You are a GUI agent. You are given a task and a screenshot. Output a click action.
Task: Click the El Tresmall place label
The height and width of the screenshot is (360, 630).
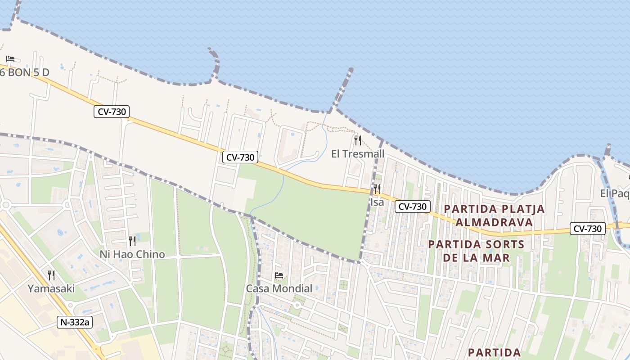(x=358, y=154)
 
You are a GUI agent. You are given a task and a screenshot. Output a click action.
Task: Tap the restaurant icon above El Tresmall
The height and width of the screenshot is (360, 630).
(x=358, y=140)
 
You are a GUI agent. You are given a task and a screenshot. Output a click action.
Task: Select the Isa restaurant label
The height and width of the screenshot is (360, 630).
(x=377, y=202)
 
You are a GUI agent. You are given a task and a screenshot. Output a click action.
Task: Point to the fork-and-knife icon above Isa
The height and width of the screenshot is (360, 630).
(x=377, y=189)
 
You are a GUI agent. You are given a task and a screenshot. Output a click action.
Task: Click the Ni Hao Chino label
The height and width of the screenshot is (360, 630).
(x=132, y=254)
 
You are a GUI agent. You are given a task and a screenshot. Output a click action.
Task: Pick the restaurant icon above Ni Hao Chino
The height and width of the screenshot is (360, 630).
(x=132, y=241)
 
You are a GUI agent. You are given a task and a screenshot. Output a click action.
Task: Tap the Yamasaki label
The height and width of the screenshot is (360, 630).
(x=51, y=288)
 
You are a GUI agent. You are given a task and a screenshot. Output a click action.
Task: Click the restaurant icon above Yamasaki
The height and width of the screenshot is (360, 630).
(x=51, y=275)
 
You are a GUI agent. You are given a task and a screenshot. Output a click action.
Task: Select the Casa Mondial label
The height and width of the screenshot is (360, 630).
(x=279, y=288)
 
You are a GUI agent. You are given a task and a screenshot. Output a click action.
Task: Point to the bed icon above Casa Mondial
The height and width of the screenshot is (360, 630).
(x=279, y=275)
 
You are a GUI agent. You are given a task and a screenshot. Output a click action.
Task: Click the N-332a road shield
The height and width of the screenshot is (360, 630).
(x=75, y=322)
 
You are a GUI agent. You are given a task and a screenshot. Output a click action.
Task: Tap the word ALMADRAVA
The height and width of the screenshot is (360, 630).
(x=494, y=222)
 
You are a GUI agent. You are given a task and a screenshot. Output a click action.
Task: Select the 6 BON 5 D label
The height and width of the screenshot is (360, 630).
(x=24, y=72)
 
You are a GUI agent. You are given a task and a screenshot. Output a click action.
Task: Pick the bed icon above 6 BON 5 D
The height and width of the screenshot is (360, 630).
(x=10, y=59)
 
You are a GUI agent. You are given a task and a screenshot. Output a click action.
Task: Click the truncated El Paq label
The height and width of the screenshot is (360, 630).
(x=615, y=193)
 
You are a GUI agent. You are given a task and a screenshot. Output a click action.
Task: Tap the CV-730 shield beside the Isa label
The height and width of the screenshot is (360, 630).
(x=413, y=207)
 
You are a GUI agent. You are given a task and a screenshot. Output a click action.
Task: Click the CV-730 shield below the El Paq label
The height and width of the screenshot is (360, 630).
(x=587, y=229)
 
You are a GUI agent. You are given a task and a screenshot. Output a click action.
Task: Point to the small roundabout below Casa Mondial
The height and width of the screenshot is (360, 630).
(x=297, y=305)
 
